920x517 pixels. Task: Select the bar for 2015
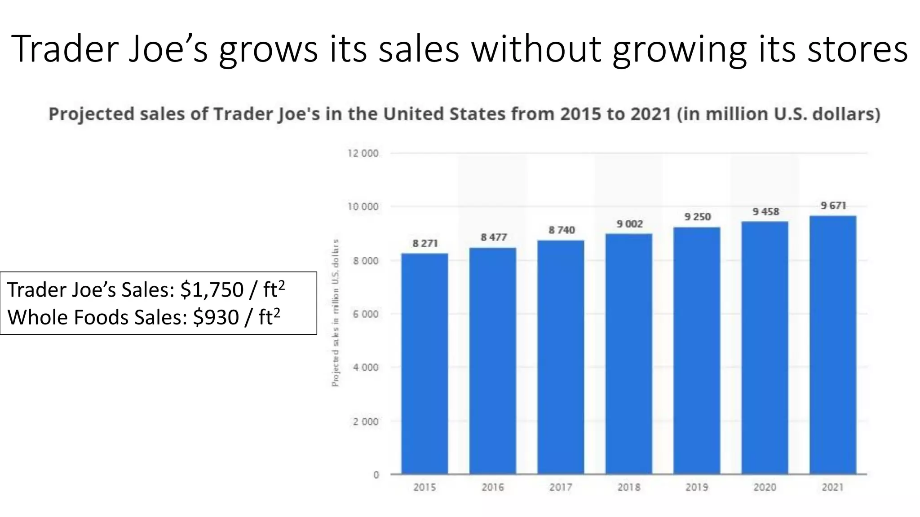pyautogui.click(x=425, y=364)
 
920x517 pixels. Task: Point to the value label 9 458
pyautogui.click(x=766, y=211)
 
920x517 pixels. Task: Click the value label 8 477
pyautogui.click(x=494, y=237)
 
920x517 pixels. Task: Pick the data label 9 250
pyautogui.click(x=698, y=217)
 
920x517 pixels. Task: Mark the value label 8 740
pyautogui.click(x=562, y=230)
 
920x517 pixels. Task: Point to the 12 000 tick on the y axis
pyautogui.click(x=363, y=153)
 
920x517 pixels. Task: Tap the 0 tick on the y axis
pyautogui.click(x=376, y=475)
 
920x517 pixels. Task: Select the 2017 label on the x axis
pyautogui.click(x=561, y=487)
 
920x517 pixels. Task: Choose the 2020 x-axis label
pyautogui.click(x=765, y=487)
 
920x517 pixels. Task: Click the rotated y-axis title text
pyautogui.click(x=335, y=313)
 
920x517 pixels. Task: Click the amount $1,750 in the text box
pyautogui.click(x=212, y=289)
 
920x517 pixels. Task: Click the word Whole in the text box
pyautogui.click(x=37, y=317)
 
